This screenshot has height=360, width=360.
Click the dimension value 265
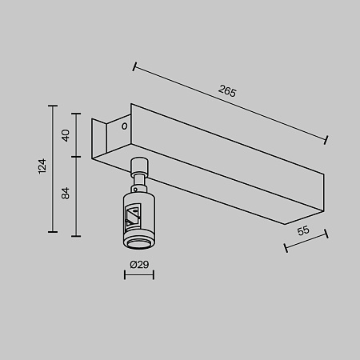[227, 91]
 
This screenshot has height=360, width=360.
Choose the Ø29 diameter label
[138, 264]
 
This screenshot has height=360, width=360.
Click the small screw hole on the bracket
[124, 126]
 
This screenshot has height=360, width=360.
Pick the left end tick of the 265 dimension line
[134, 66]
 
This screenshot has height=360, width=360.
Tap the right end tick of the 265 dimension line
[326, 140]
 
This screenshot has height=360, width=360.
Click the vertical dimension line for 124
[54, 168]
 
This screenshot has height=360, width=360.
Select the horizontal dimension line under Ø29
[138, 276]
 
